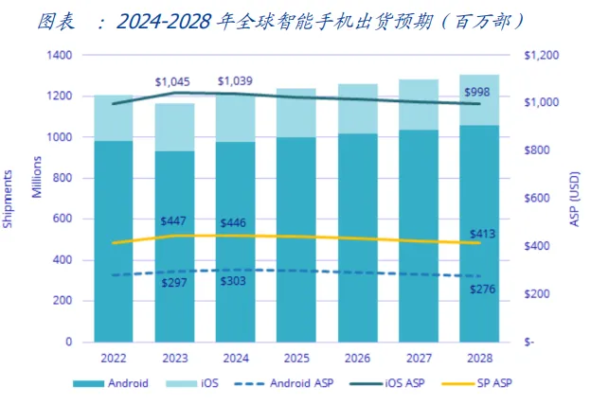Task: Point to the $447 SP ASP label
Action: coord(174,221)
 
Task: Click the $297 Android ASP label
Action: coord(174,283)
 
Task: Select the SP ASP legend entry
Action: coord(487,383)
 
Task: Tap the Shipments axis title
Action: coord(9,199)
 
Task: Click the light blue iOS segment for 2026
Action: coord(357,109)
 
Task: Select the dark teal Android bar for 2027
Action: coord(419,237)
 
